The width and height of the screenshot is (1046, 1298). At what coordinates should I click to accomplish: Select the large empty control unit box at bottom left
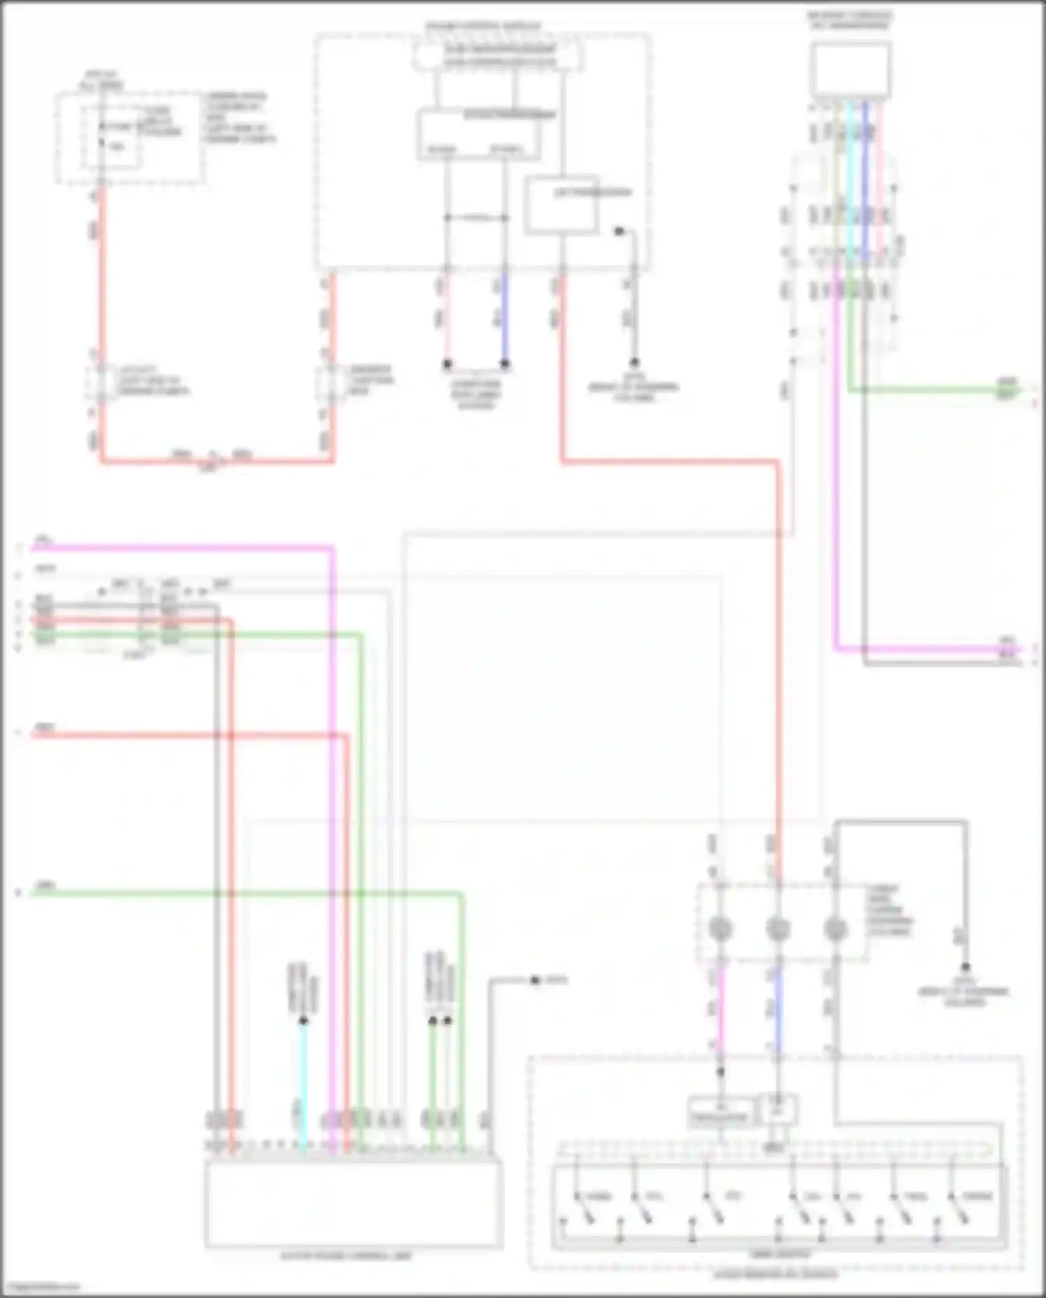click(353, 1204)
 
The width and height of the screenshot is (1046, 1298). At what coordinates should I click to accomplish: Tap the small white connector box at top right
click(850, 69)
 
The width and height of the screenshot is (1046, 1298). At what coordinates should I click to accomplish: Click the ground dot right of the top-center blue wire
click(634, 363)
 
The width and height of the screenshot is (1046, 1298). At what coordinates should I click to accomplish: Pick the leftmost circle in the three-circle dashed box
click(720, 928)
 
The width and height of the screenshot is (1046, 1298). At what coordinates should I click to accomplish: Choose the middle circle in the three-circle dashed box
click(778, 928)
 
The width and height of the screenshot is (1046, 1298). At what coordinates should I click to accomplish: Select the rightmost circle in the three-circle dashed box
click(835, 928)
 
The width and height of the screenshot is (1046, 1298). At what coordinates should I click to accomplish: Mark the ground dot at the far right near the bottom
click(965, 967)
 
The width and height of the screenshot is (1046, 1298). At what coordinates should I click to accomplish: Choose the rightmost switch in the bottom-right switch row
click(959, 1206)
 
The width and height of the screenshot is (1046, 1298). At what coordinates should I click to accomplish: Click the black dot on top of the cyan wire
click(303, 1021)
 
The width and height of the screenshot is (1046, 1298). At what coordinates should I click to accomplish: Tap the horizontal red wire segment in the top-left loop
click(216, 460)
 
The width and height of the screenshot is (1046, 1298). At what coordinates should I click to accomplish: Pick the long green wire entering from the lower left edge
click(244, 893)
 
